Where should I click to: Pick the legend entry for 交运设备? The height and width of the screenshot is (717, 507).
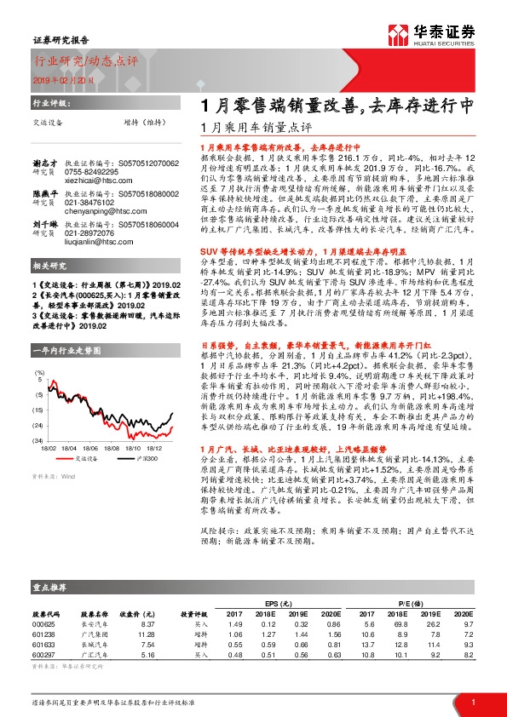click(x=74, y=458)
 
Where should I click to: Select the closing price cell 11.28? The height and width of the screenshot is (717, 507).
click(x=146, y=634)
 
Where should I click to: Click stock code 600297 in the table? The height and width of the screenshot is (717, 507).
click(x=43, y=656)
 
